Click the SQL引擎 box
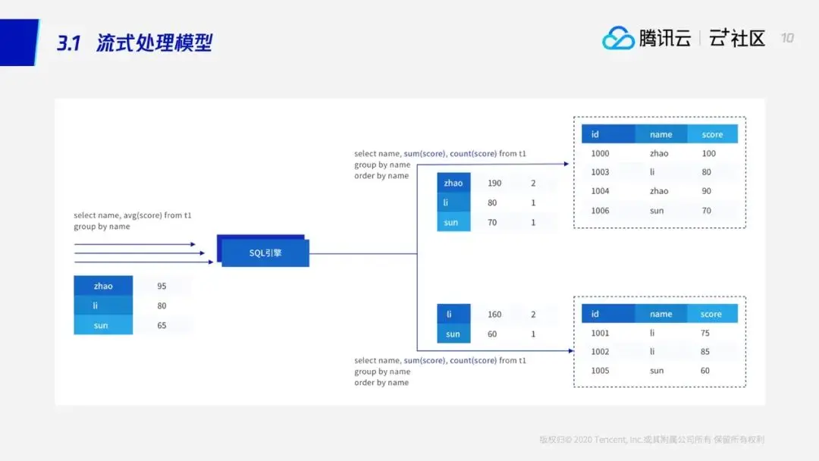coord(265,252)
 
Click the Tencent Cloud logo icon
coord(617,38)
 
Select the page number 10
coord(787,38)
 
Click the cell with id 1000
coord(600,153)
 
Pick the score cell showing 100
coord(708,153)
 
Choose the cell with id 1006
coord(600,211)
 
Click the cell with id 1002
coord(600,352)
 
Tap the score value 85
coord(705,352)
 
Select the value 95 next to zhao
coord(162,286)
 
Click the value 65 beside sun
coord(162,325)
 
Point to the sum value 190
coord(494,183)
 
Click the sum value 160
coord(494,314)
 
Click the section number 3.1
coord(68,42)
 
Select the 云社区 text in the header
coord(737,38)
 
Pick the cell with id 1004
coord(600,191)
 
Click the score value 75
coord(705,332)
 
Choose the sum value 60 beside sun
coord(492,334)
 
